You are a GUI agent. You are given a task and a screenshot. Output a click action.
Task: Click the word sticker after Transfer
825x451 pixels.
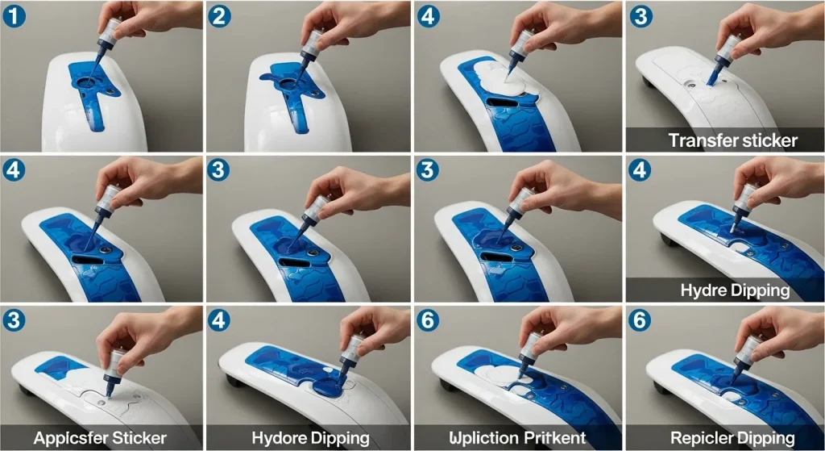tap(768, 140)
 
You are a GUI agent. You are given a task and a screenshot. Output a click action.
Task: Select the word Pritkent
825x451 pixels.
tap(558, 438)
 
